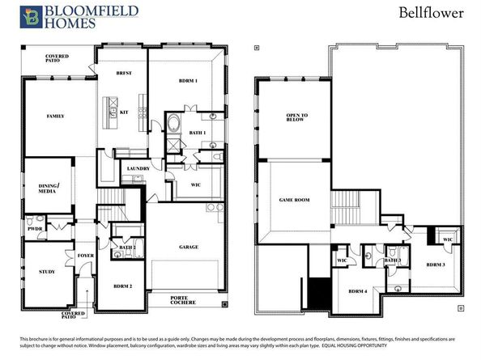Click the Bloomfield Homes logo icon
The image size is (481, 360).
click(x=32, y=15)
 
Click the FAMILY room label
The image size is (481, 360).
click(x=56, y=116)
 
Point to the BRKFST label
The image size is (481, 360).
click(x=123, y=74)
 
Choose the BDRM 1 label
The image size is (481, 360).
click(x=185, y=83)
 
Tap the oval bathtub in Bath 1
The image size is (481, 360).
click(x=174, y=125)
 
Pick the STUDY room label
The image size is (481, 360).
click(x=47, y=272)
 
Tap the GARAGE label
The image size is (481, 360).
click(x=189, y=247)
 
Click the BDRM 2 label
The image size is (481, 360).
click(x=122, y=286)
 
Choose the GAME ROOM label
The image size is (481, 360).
click(x=295, y=199)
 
